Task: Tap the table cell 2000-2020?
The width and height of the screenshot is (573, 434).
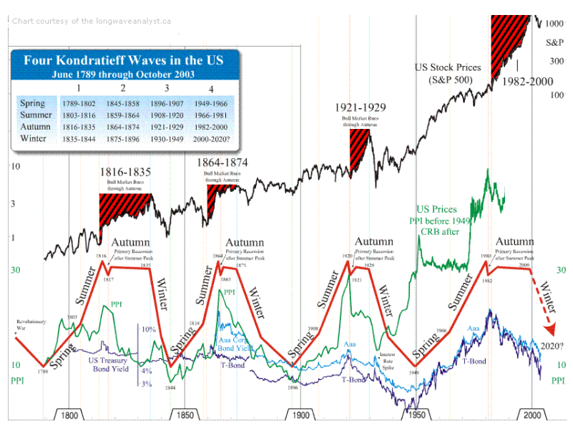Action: pos(216,138)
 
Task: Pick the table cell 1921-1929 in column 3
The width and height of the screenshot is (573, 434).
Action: pos(167,127)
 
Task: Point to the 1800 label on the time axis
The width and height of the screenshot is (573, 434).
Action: pos(69,415)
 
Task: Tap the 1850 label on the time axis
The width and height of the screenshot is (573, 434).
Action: pos(185,415)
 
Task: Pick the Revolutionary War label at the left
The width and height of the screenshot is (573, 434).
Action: pos(29,324)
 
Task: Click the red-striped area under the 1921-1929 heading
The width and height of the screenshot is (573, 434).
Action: pos(357,147)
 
